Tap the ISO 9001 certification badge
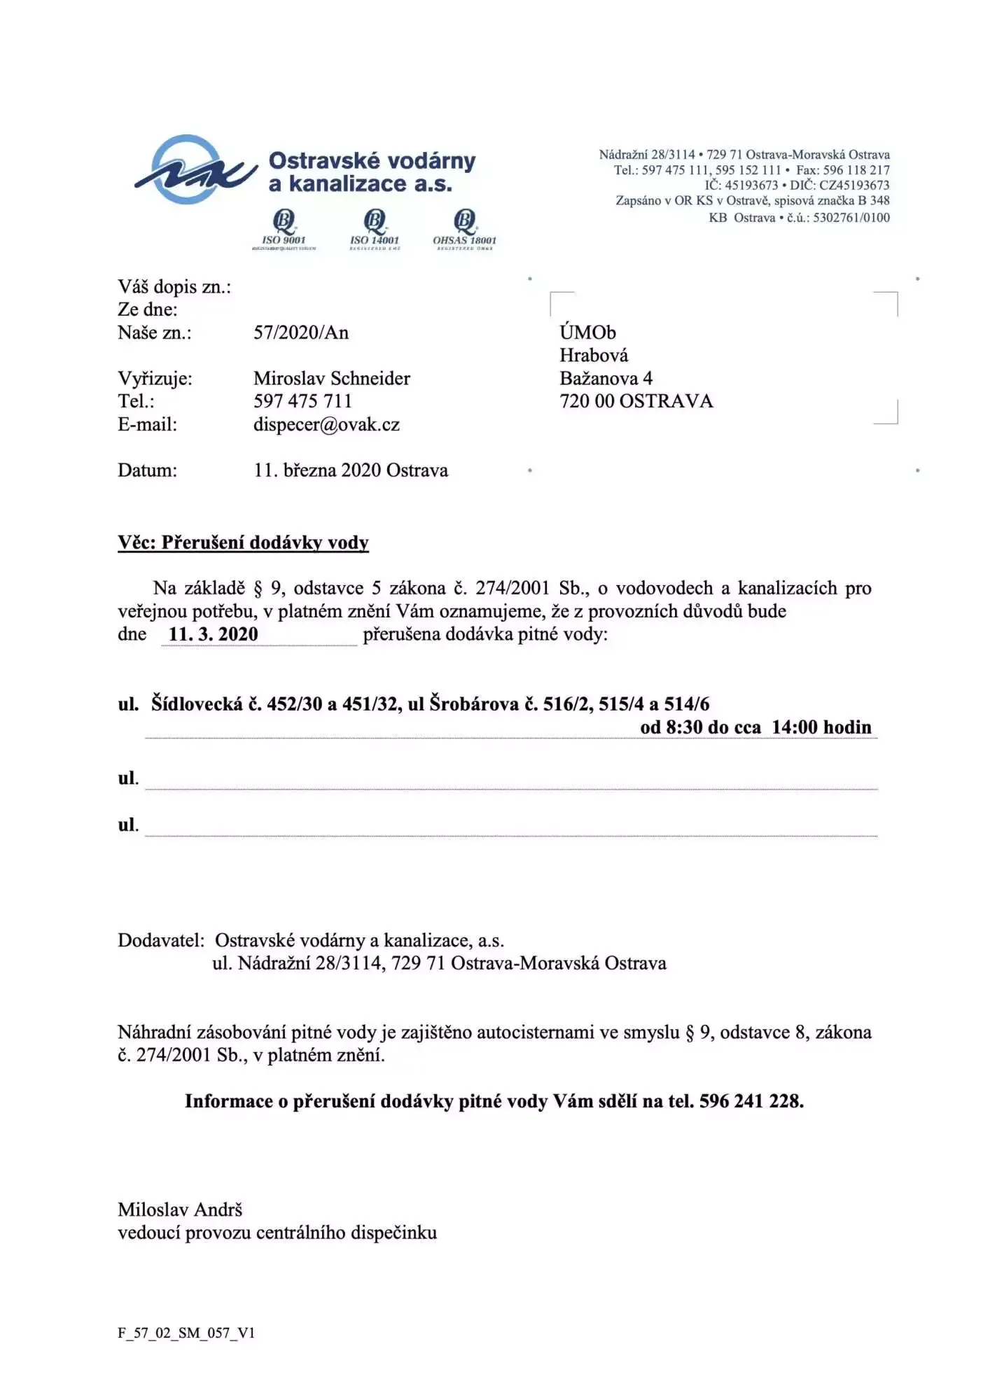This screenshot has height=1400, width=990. [284, 229]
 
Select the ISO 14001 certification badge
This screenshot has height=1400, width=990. [375, 229]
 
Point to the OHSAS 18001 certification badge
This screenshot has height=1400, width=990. [464, 229]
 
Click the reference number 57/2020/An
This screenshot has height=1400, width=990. [301, 332]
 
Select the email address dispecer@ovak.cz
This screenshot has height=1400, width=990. [326, 425]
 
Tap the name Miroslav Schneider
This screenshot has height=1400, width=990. [332, 379]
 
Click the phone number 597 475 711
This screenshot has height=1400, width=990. [302, 402]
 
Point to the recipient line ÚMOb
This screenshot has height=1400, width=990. [587, 332]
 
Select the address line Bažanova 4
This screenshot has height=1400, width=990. [606, 379]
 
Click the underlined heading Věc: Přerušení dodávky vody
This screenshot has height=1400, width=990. [243, 542]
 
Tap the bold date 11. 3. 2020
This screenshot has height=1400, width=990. [214, 634]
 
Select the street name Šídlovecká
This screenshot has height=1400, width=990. [197, 704]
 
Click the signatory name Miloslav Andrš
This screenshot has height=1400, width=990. [180, 1210]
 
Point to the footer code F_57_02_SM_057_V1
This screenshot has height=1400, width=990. [186, 1333]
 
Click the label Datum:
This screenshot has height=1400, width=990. [147, 470]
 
